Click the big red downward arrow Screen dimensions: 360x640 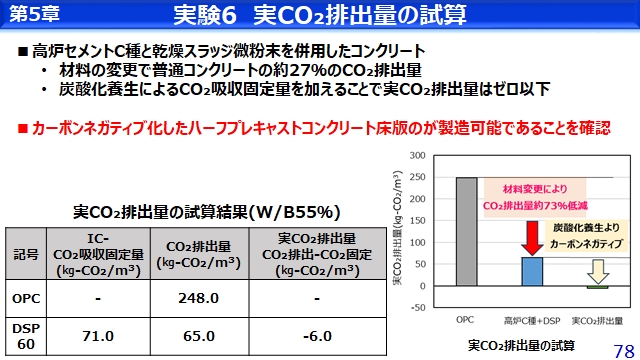(x=532, y=236)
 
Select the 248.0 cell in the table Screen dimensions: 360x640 (x=195, y=298)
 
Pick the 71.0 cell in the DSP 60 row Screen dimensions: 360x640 (x=98, y=336)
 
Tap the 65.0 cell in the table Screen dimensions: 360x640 (x=195, y=336)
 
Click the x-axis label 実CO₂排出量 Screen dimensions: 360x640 (x=599, y=320)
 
